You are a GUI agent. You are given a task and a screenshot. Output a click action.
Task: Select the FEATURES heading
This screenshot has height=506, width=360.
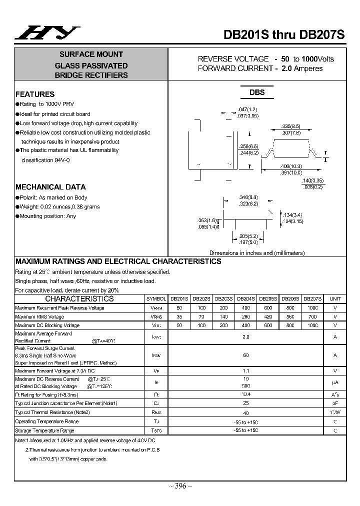coord(35,94)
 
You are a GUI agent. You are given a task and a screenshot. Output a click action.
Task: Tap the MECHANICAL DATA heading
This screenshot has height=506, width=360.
coord(50,187)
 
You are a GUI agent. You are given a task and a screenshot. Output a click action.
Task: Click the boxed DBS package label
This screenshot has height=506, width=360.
coord(257,92)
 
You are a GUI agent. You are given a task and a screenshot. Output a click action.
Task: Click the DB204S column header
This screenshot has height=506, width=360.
coord(245,298)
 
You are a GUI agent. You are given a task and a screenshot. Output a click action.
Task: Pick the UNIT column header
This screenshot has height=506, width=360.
coord(335,298)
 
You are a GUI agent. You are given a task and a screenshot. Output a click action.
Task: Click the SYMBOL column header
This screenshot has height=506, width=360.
coord(155,298)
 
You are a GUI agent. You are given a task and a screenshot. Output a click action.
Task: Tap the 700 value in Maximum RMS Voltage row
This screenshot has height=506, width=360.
coord(312,316)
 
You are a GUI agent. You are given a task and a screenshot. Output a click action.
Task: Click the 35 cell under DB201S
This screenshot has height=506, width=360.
coord(179,316)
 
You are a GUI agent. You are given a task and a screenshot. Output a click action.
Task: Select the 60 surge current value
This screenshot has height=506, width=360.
coord(245,355)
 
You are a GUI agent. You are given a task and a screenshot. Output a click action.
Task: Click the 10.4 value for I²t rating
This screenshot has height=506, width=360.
coord(245,394)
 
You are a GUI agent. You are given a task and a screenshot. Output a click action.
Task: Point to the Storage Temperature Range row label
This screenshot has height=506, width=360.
coord(44,430)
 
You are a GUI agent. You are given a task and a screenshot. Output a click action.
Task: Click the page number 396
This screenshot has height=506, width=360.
coord(180,486)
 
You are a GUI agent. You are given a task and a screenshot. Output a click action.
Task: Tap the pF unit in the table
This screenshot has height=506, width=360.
coord(335,403)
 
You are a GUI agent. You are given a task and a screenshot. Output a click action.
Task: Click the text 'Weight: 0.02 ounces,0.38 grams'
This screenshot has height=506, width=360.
coord(59,206)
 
